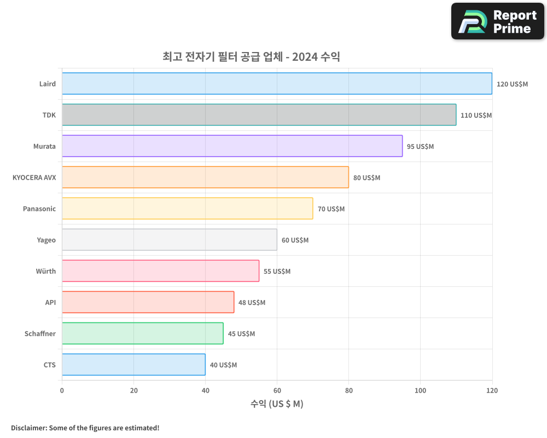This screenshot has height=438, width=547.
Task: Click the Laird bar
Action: [277, 84]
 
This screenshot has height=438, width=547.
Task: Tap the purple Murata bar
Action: [232, 146]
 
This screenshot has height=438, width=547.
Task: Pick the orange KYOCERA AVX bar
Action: [205, 177]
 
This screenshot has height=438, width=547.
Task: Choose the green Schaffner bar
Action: [142, 333]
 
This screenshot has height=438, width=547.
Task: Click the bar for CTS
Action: [133, 365]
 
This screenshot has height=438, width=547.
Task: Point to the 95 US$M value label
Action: [420, 146]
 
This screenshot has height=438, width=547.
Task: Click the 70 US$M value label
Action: [331, 209]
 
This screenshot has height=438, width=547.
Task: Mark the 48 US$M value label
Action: [252, 302]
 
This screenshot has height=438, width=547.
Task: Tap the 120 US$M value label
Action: [512, 84]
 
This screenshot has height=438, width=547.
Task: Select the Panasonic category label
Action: [39, 209]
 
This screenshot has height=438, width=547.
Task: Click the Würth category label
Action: [46, 271]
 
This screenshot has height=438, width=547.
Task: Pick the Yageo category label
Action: [46, 240]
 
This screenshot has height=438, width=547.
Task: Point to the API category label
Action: [50, 302]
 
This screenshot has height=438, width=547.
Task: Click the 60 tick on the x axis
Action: [277, 390]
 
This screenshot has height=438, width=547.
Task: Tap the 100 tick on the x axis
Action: [420, 390]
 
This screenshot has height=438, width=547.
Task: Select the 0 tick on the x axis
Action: [62, 390]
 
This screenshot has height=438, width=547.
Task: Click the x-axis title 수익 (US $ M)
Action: [277, 404]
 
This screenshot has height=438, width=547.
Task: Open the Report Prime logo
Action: [498, 21]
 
